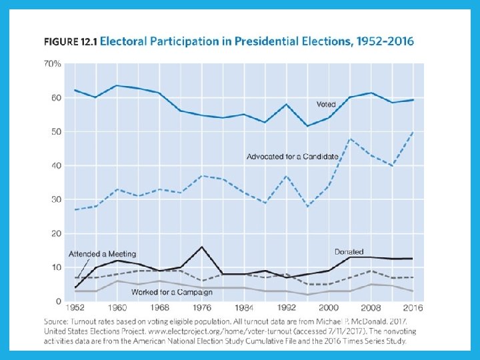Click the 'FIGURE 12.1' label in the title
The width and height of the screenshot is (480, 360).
tap(71, 41)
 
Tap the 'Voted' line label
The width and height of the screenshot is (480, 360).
tap(326, 104)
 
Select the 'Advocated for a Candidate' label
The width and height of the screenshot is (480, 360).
tap(293, 157)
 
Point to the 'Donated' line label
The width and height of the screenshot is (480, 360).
tap(349, 251)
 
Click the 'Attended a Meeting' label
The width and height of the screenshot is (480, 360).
tap(102, 254)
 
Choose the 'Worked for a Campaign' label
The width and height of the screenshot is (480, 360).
tap(172, 292)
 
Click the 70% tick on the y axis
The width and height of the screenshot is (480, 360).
tap(53, 64)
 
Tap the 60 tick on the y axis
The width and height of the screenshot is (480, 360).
tap(56, 98)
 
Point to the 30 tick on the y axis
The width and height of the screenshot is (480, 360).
tap(56, 199)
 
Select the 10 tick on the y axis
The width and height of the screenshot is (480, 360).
tap(56, 267)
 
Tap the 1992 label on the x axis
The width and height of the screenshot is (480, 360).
tap(286, 308)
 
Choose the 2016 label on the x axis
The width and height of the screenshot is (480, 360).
tap(413, 308)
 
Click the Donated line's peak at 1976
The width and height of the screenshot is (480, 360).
tap(201, 247)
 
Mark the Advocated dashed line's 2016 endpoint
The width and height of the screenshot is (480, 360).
tap(413, 131)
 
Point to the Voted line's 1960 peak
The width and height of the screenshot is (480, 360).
tap(117, 85)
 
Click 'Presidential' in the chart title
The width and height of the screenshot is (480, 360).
tap(257, 41)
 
